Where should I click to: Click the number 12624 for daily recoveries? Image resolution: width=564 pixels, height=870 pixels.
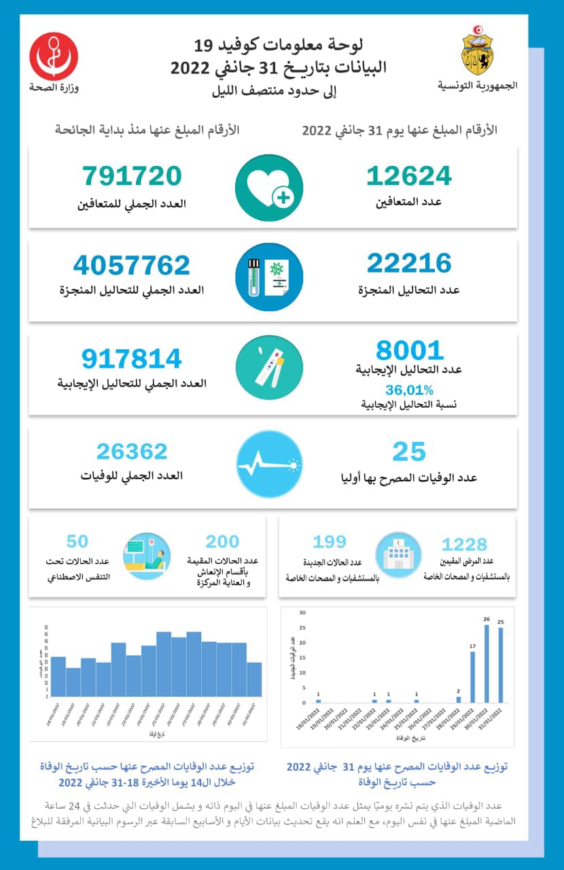coord(408,175)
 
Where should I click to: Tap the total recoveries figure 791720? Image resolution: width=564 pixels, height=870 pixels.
coord(133,175)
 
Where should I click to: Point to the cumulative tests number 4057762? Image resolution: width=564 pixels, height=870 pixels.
coord(132,265)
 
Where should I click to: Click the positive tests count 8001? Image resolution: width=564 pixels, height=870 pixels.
coord(409,351)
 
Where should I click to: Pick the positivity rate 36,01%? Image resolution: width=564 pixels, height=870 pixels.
coord(409,389)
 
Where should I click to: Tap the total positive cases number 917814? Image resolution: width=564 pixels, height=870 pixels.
coord(132,360)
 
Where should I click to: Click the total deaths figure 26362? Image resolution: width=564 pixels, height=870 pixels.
coord(132,451)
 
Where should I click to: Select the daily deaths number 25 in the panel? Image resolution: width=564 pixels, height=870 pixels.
coord(409,451)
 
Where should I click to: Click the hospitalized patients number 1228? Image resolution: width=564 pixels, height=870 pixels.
coord(464,544)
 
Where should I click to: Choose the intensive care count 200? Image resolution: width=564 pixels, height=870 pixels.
coord(222,542)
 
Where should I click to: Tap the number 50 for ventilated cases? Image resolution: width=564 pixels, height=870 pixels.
coord(77,542)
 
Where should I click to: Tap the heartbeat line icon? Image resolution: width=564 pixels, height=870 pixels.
coord(269,465)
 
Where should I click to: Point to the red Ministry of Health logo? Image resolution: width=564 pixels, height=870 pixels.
coord(54,57)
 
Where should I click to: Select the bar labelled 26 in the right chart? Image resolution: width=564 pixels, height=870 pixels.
coord(486,663)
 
